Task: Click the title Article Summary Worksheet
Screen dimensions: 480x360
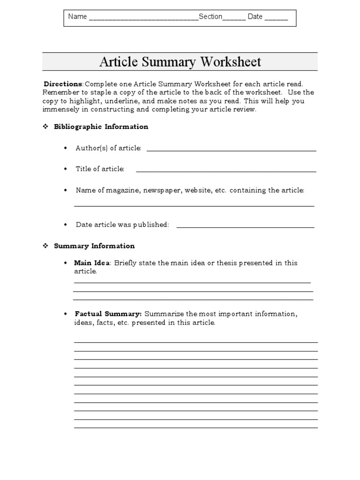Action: coord(180,62)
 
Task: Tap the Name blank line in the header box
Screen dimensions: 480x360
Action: coord(143,19)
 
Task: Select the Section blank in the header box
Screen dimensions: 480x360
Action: coord(234,19)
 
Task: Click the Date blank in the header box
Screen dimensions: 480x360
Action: coord(276,19)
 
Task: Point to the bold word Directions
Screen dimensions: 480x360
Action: coord(63,84)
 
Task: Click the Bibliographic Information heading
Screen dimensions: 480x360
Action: coord(101,127)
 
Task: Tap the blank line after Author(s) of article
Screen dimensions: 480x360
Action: coord(232,150)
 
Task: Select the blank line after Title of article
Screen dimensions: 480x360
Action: coord(226,171)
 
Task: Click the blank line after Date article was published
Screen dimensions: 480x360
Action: coord(245,227)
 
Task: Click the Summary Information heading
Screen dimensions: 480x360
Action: coord(94,246)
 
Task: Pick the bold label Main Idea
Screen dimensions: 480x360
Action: coord(92,263)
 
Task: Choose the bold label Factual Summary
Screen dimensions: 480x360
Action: coord(108,314)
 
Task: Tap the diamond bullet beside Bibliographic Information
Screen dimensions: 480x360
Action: coord(46,127)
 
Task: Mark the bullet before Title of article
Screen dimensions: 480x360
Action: coord(66,169)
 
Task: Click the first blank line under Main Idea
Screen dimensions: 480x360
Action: coord(192,282)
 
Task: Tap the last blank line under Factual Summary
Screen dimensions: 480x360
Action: coord(196,427)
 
